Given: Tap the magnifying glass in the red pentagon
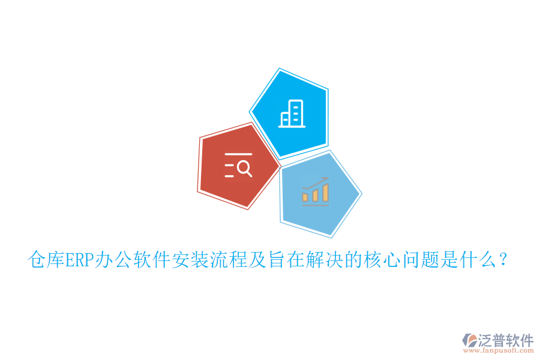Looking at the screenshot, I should [x=244, y=169].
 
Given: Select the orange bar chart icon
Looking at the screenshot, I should [x=316, y=191].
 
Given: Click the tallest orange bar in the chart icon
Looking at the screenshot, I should [x=325, y=192].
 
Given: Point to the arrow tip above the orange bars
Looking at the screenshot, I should [x=326, y=178].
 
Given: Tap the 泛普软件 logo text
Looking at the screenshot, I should [x=505, y=340].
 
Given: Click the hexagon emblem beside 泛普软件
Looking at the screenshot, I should [x=469, y=341].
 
